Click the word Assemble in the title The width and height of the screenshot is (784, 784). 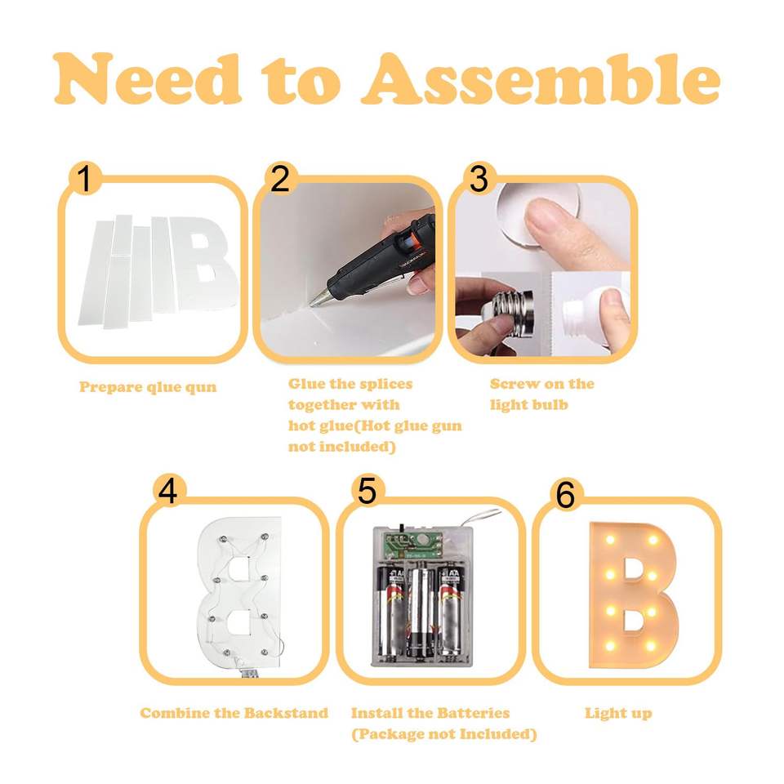(540, 79)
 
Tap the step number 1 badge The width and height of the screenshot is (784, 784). (86, 178)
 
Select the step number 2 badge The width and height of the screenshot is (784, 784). (280, 178)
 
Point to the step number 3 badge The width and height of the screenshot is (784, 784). (479, 178)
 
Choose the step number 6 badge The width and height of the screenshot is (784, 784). (565, 495)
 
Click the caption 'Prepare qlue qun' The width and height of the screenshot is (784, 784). (148, 387)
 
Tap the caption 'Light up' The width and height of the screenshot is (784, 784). (618, 714)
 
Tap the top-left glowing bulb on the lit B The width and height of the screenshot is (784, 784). (610, 540)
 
